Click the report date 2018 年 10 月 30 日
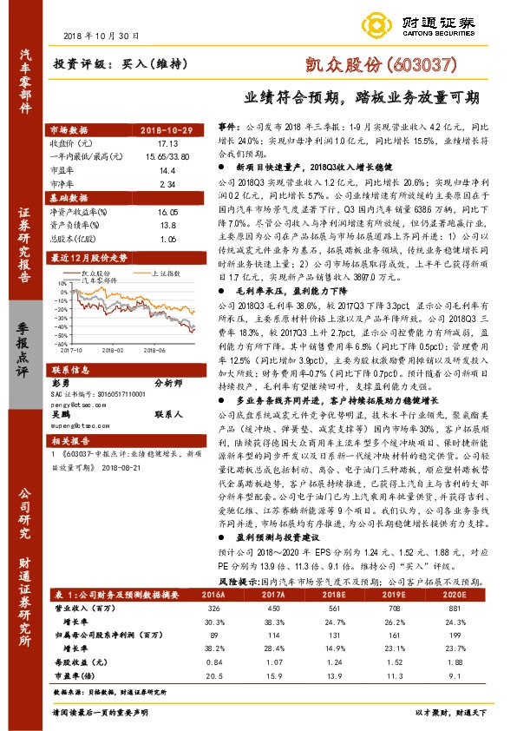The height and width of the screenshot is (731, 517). coord(101,36)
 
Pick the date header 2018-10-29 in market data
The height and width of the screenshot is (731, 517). coord(178,129)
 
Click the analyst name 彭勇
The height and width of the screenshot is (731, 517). coord(60,382)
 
